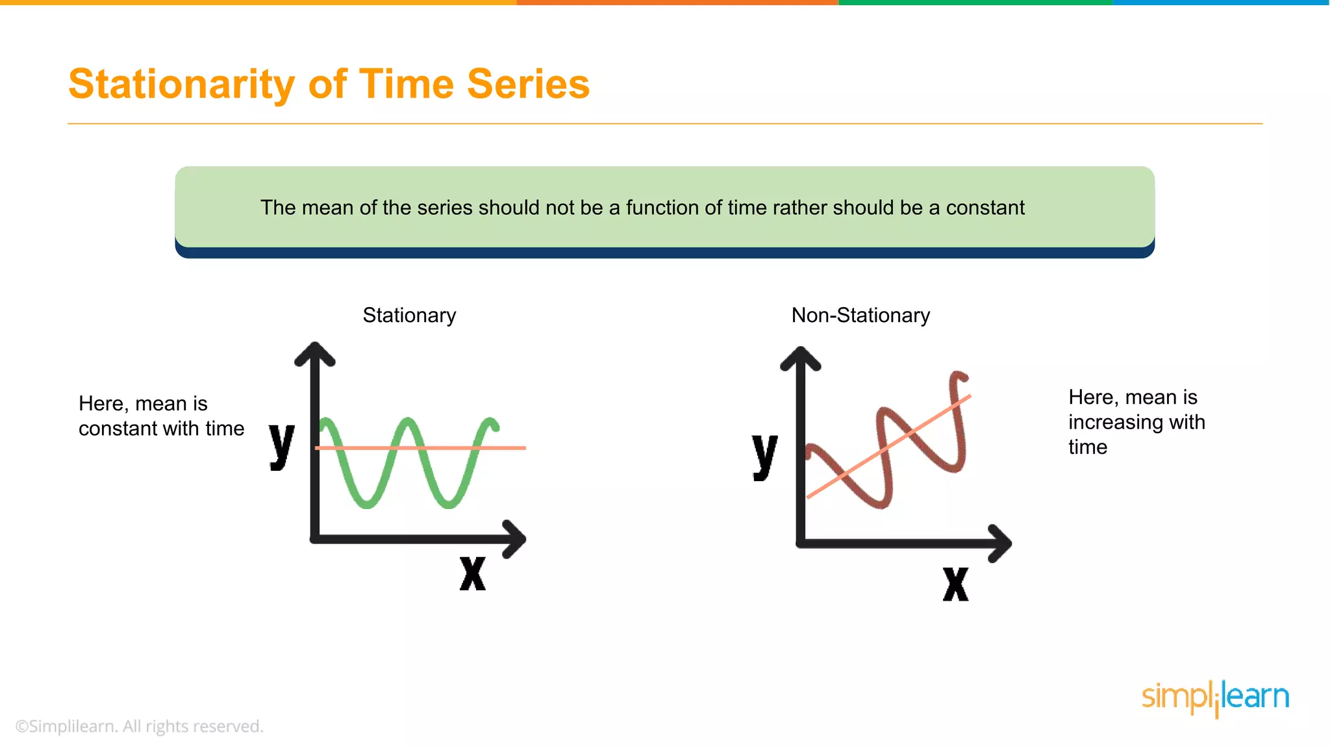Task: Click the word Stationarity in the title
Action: (182, 84)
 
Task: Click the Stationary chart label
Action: (409, 316)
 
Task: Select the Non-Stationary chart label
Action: (860, 316)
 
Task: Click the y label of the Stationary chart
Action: (282, 445)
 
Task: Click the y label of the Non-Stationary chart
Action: (765, 456)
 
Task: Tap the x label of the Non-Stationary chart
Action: (955, 584)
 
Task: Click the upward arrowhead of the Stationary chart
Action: (315, 353)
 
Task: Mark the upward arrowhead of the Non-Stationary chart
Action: (801, 358)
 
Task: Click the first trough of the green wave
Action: (367, 504)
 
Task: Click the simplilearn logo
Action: (1215, 698)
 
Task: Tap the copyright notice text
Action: (140, 726)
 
